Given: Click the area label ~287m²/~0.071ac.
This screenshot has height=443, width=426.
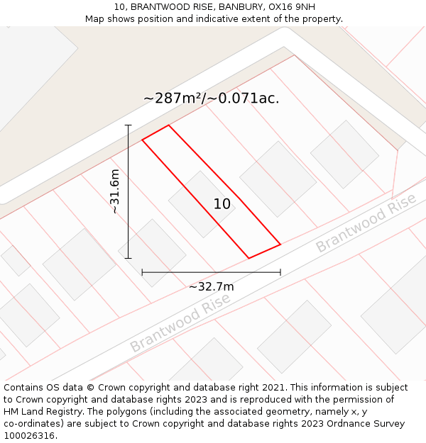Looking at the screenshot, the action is tap(212, 99).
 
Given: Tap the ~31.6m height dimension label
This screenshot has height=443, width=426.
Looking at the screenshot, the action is tap(115, 191).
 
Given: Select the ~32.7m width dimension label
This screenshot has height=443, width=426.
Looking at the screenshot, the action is tap(211, 287).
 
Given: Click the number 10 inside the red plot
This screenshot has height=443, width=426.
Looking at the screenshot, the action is tap(222, 204).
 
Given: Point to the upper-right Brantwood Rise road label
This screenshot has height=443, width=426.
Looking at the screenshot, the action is tap(366, 223).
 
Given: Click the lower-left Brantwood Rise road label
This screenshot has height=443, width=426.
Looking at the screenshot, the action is tap(180, 323).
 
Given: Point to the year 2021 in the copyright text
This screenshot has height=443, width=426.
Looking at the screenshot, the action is tap(272, 388).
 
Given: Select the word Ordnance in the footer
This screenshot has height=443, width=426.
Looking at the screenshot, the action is tap(344, 424).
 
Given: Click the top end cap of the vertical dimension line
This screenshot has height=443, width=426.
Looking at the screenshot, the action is tap(129, 125).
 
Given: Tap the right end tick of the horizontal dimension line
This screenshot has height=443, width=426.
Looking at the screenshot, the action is tap(280, 272).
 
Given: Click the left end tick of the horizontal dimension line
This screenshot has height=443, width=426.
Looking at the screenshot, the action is tap(142, 272).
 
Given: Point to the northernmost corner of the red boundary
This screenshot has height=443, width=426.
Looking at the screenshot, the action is tap(168, 125).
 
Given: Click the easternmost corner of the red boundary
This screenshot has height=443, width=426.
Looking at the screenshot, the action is tap(280, 244).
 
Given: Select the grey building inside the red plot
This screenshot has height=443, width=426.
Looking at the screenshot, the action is tap(202, 204).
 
